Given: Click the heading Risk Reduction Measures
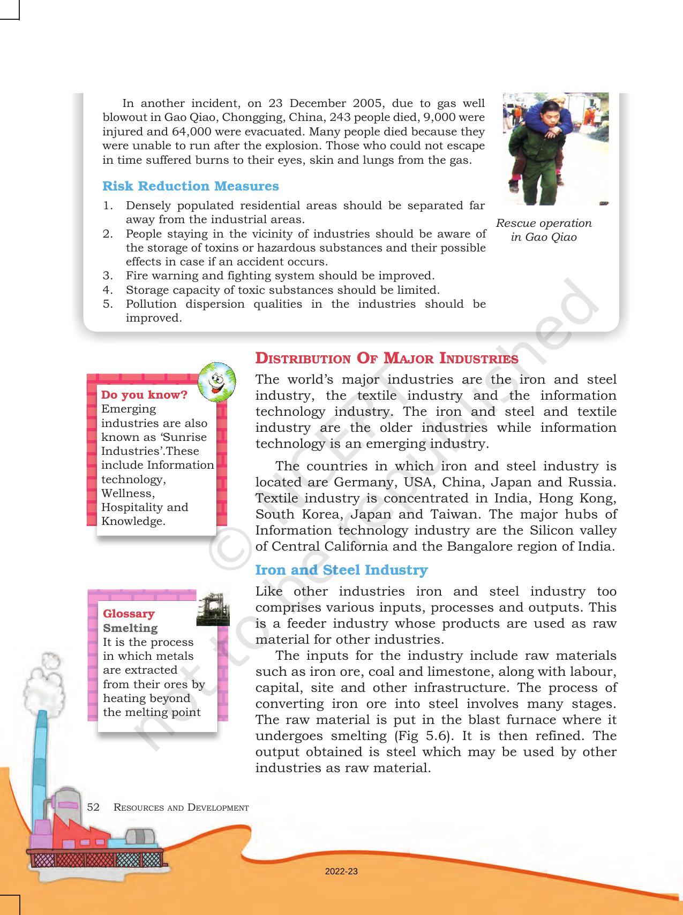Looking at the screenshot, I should (190, 186).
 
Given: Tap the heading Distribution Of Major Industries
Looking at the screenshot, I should (386, 359).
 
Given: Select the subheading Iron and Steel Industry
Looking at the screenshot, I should (341, 570).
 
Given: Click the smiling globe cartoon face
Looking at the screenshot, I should (216, 381).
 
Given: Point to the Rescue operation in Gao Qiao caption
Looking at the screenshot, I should (543, 230).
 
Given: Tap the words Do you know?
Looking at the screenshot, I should (144, 395).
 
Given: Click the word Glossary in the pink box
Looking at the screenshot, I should (129, 614).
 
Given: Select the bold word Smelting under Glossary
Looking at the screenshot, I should (130, 628).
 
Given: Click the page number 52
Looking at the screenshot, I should (93, 807).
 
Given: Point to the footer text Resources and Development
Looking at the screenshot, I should (181, 807).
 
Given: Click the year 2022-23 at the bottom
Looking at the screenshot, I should (341, 872).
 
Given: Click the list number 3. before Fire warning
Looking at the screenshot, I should (108, 276).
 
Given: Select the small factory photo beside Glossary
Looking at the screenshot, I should (213, 608).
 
